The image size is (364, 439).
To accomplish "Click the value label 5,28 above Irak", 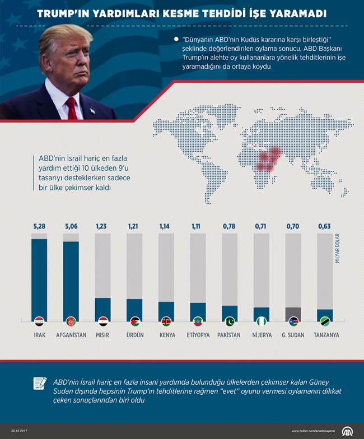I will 39,226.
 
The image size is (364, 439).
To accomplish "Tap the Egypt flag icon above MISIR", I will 103,321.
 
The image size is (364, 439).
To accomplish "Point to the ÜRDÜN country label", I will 134,335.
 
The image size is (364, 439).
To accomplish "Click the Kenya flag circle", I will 166,321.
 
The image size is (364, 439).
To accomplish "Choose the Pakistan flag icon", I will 230,321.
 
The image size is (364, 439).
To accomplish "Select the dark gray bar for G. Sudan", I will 293,312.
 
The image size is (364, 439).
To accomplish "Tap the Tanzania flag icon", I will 325,321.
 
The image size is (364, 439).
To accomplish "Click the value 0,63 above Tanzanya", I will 325,226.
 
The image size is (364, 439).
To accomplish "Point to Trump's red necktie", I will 71,107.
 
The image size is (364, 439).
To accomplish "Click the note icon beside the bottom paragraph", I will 40,384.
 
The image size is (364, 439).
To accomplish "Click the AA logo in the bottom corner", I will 348,430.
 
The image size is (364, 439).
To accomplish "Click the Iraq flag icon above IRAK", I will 39,321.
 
